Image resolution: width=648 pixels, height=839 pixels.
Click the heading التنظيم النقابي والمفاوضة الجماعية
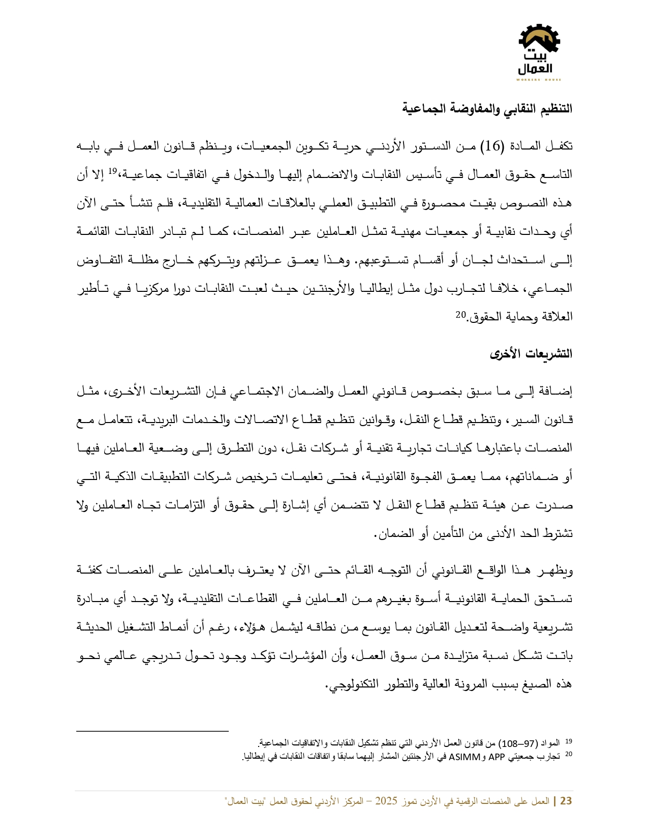pyautogui.click(x=487, y=109)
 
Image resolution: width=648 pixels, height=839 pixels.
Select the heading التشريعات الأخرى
pyautogui.click(x=531, y=354)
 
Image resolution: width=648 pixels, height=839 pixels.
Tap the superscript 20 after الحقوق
pyautogui.click(x=460, y=314)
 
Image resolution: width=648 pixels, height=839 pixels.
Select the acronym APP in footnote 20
pyautogui.click(x=497, y=757)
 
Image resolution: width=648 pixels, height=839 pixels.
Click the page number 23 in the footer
pyautogui.click(x=566, y=801)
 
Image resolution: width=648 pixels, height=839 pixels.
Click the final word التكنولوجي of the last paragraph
pyautogui.click(x=351, y=684)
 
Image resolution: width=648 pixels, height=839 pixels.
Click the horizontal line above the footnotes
pyautogui.click(x=152, y=731)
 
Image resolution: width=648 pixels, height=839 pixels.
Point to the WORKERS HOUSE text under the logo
pyautogui.click(x=539, y=80)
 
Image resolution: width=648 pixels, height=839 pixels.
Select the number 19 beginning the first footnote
pyautogui.click(x=569, y=742)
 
